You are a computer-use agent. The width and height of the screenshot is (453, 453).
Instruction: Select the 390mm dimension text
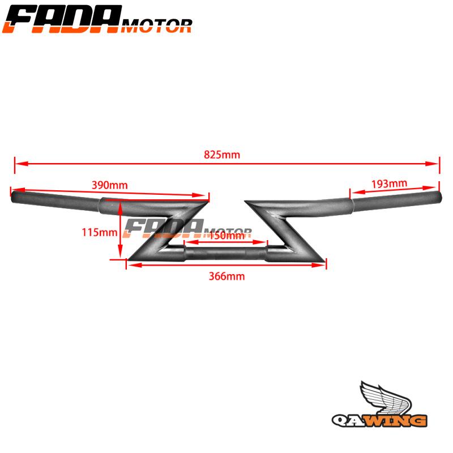tap(109, 185)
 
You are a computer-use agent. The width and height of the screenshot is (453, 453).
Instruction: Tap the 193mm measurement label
tap(389, 183)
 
